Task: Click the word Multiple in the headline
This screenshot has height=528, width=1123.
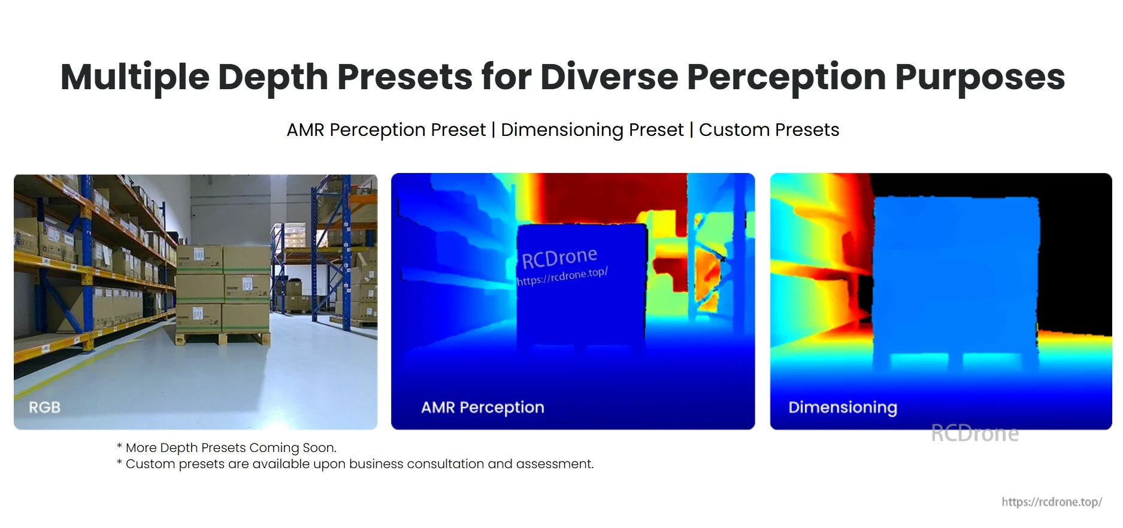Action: [135, 78]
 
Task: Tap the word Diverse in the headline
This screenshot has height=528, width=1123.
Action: [609, 78]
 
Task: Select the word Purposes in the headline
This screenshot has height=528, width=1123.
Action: [979, 78]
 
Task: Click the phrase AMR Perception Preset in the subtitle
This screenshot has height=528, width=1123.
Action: [386, 130]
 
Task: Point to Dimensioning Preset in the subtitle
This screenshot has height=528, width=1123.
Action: [592, 130]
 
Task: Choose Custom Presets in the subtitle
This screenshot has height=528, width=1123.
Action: [768, 130]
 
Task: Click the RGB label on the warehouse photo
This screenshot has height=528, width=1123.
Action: [45, 407]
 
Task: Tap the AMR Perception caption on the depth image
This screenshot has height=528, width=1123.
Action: [482, 407]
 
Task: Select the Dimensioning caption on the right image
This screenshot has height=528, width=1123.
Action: [842, 407]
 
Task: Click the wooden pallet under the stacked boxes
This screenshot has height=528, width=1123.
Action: [222, 339]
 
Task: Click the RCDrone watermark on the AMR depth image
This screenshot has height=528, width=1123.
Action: [559, 258]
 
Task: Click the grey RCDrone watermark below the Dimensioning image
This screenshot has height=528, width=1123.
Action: [974, 433]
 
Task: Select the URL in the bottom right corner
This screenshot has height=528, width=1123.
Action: [1051, 502]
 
